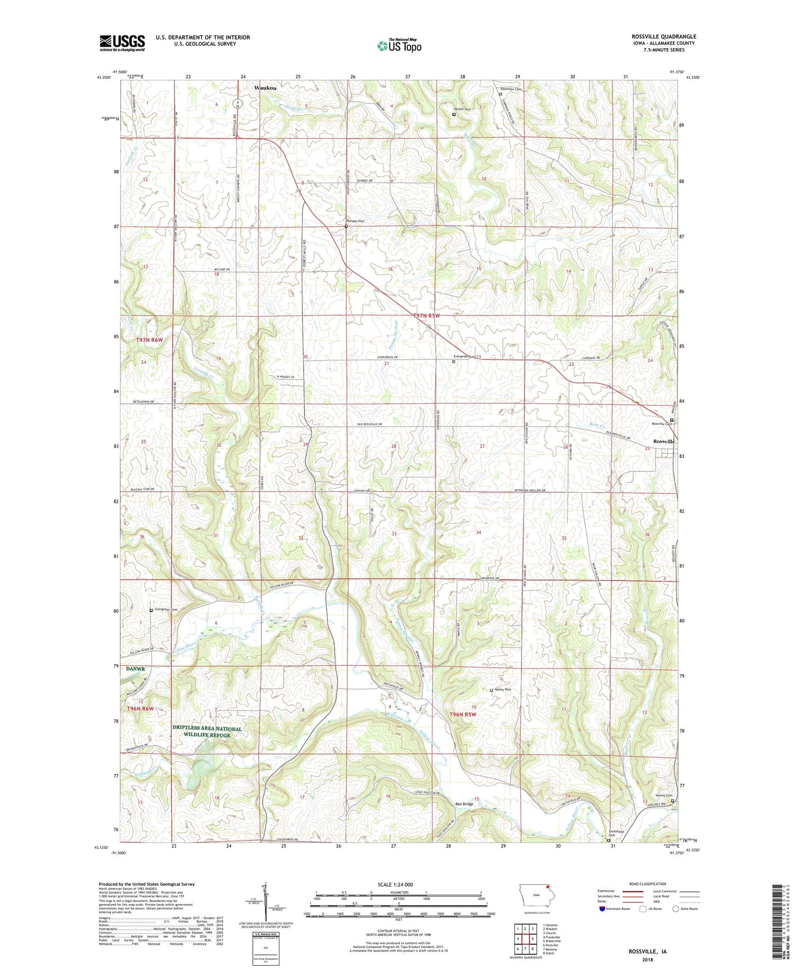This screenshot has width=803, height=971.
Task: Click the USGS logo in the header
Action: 122,42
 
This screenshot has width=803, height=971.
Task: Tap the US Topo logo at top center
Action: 399,46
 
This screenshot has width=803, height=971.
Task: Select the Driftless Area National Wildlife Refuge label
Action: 207,732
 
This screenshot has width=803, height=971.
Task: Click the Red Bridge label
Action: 464,804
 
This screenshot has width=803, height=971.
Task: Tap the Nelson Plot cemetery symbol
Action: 454,114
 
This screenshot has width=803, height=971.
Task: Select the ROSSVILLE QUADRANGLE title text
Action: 664,36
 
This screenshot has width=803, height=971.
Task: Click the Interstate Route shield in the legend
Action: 602,909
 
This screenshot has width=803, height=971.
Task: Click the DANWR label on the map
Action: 135,669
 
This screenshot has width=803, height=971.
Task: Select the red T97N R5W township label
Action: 427,316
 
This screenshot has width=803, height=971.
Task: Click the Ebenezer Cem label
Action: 511,89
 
